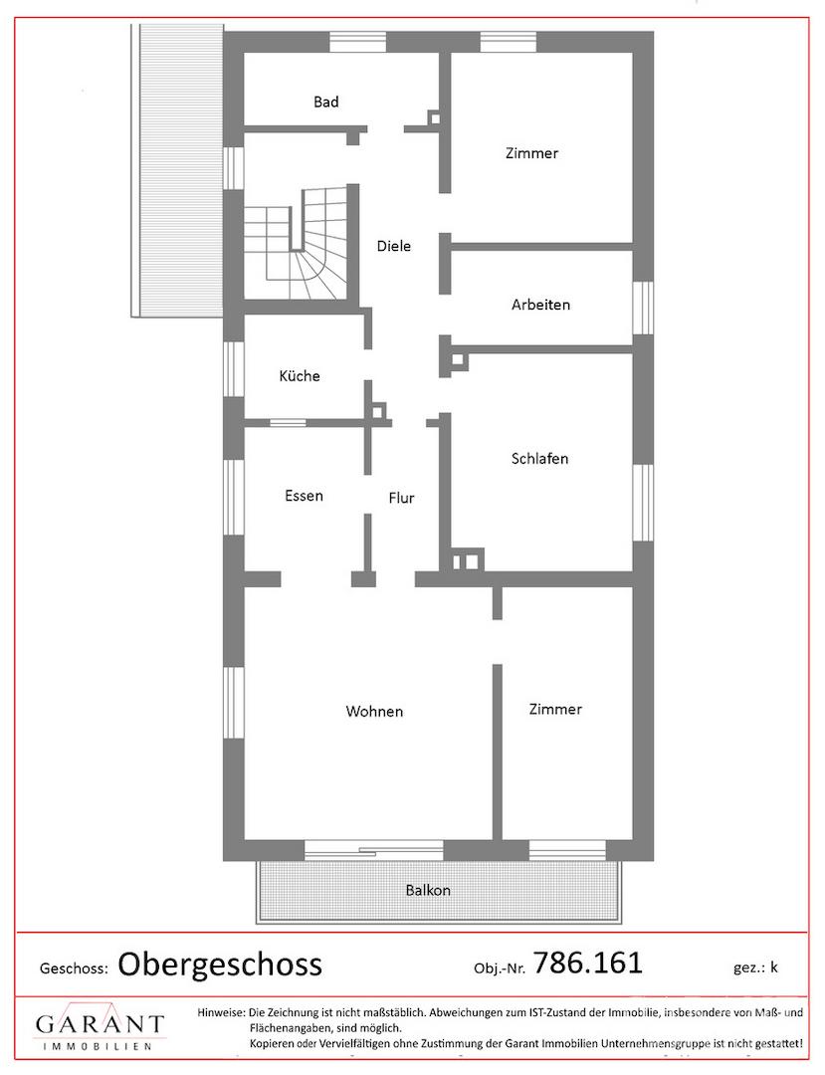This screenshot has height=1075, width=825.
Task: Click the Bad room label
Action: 326,103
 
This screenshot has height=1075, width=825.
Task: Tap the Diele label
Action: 394,246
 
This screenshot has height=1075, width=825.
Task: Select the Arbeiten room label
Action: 540,305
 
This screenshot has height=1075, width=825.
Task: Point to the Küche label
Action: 300,375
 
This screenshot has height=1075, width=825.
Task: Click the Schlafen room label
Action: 540,459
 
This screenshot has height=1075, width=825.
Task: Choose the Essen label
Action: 304,496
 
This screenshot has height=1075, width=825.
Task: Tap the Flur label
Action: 401,498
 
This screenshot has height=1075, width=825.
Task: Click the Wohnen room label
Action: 374,712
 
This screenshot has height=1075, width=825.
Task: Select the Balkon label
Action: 428,891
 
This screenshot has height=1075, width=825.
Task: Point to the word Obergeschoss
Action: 220,965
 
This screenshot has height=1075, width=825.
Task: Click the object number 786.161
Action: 588,963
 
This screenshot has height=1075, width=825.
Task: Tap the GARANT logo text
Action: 101,1024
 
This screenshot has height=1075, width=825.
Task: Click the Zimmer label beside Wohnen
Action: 555,710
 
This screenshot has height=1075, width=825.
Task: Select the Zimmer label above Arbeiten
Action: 531,153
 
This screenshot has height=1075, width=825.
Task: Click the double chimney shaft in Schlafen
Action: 467,560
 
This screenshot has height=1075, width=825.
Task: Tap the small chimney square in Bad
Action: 434,117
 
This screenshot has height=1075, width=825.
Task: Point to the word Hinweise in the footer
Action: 221,1012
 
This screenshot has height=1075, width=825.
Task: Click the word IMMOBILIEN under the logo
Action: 97,1046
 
